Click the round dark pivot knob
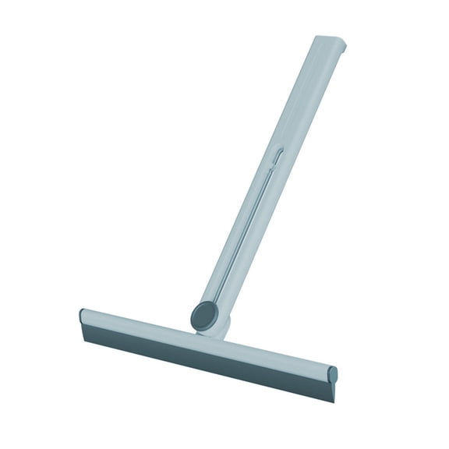tap(204, 316)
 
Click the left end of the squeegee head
tap(83, 319)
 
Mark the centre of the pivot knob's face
tap(204, 316)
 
